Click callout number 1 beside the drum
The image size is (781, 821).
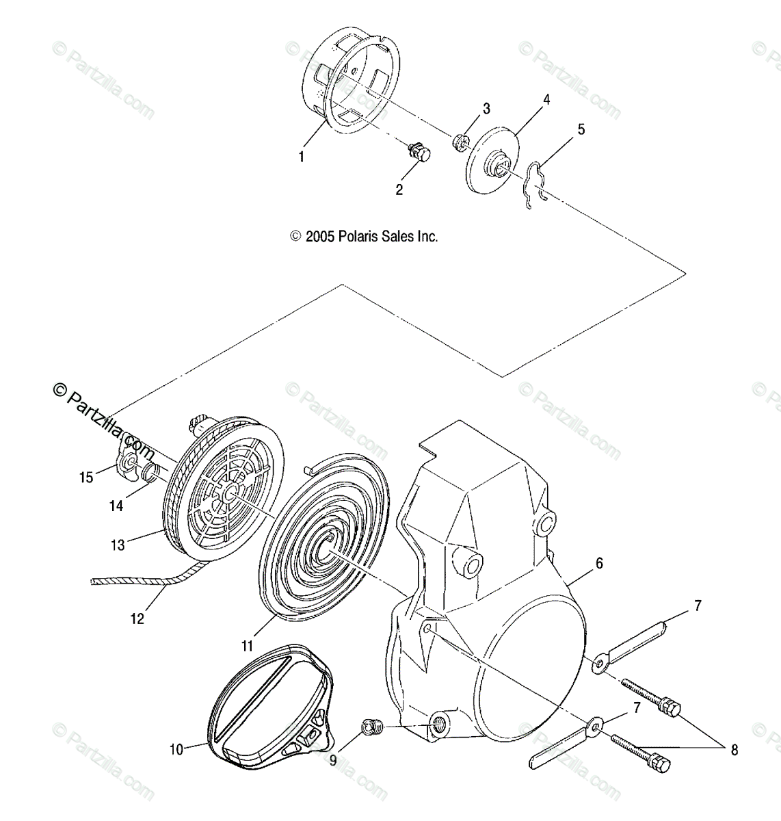pyautogui.click(x=301, y=157)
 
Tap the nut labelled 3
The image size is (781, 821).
pyautogui.click(x=459, y=142)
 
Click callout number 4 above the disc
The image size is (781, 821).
pyautogui.click(x=546, y=99)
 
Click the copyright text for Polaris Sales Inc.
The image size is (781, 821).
pyautogui.click(x=364, y=237)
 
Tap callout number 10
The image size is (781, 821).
pyautogui.click(x=176, y=749)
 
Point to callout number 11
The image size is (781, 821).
pyautogui.click(x=247, y=645)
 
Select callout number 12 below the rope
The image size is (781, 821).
pyautogui.click(x=137, y=618)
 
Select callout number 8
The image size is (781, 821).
pyautogui.click(x=734, y=750)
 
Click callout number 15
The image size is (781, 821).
pyautogui.click(x=86, y=477)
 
